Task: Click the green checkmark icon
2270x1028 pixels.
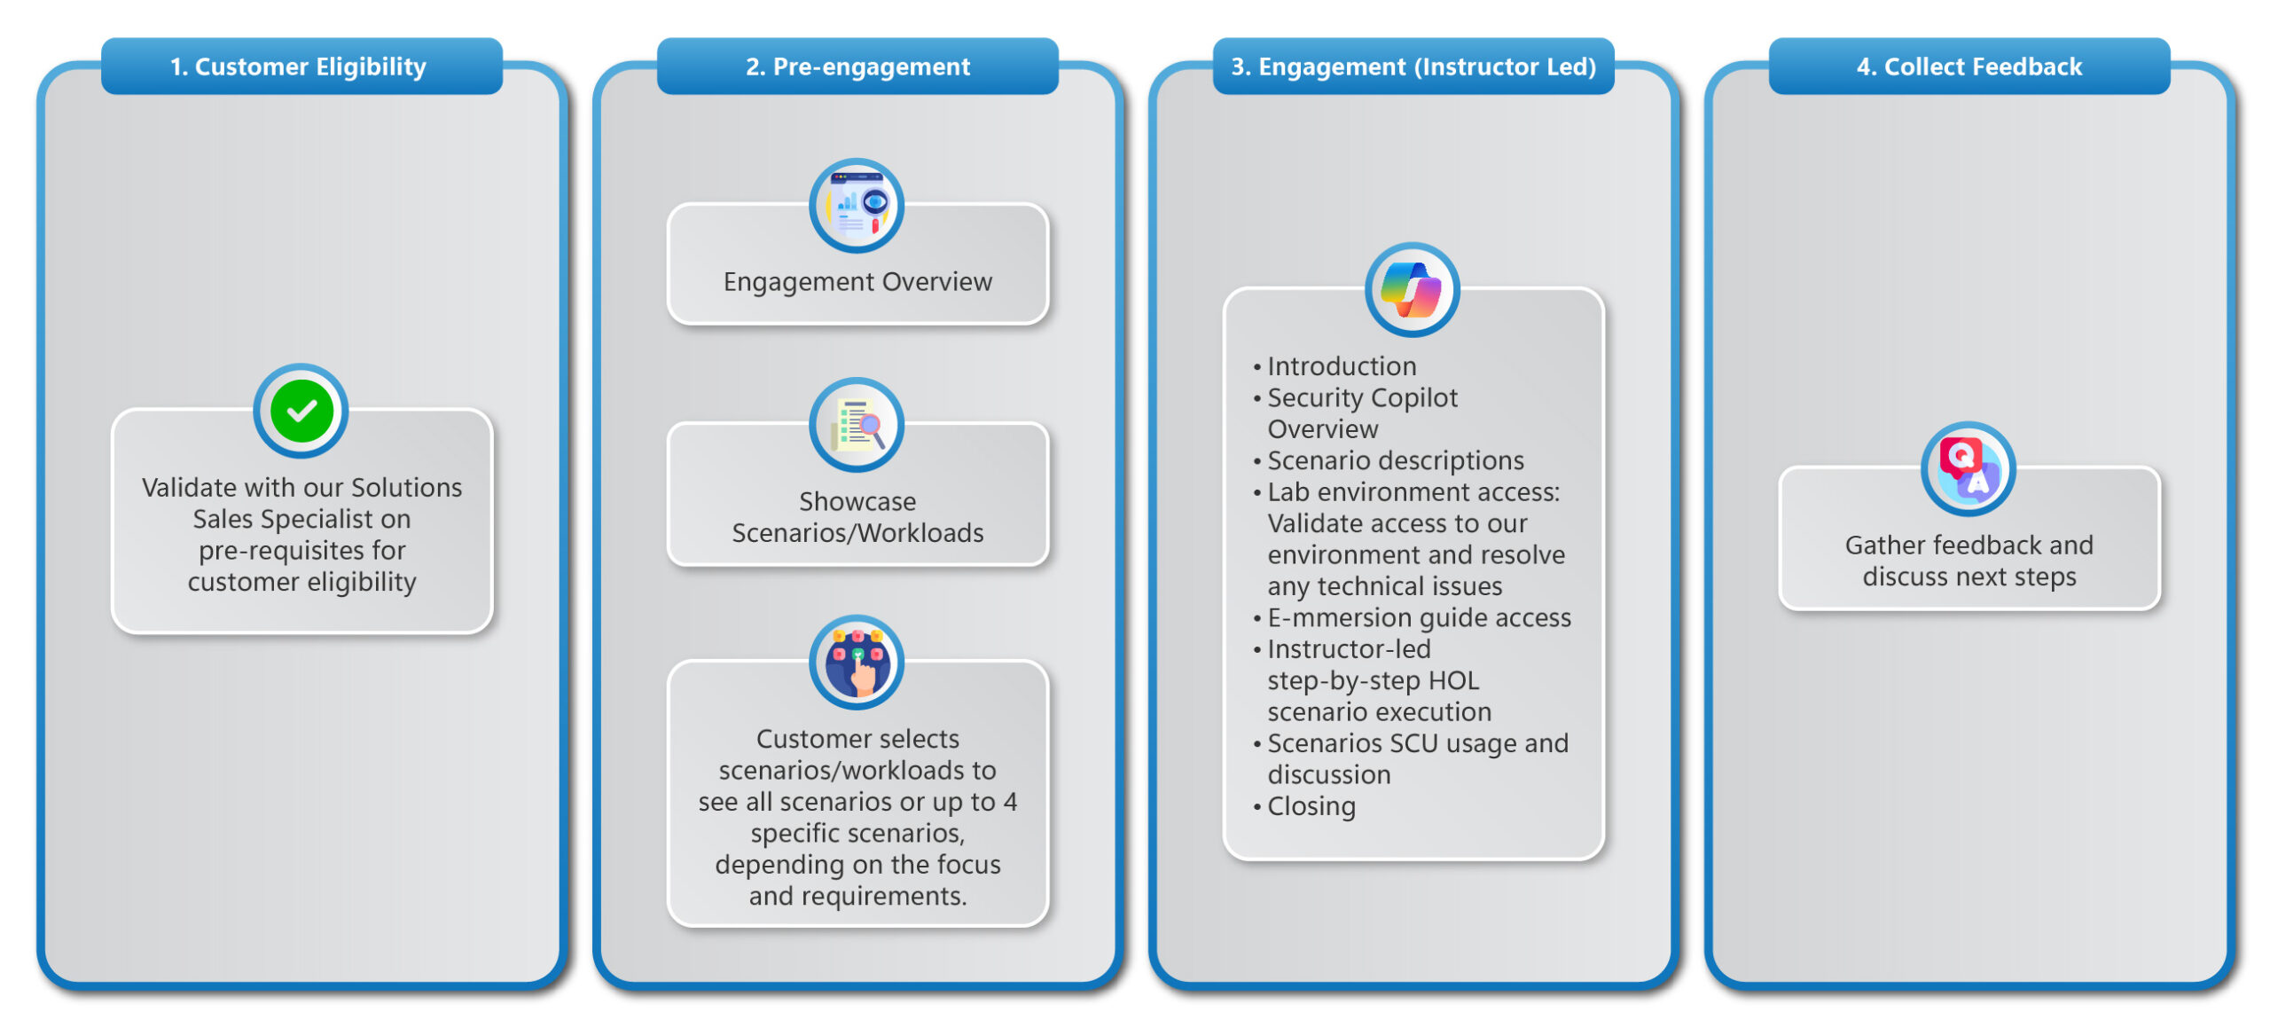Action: pyautogui.click(x=301, y=411)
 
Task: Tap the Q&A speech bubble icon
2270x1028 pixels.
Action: pyautogui.click(x=1968, y=469)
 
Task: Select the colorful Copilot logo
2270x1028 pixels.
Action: pyautogui.click(x=1413, y=290)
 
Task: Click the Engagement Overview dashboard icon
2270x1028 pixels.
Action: pyautogui.click(x=857, y=206)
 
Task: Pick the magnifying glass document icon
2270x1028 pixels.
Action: pyautogui.click(x=857, y=425)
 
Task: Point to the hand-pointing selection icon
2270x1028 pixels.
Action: pyautogui.click(x=857, y=662)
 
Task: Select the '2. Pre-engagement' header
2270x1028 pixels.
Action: pyautogui.click(x=857, y=67)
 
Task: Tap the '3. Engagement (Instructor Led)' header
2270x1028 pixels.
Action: pyautogui.click(x=1413, y=67)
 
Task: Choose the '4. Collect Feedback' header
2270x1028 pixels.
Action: pyautogui.click(x=1969, y=67)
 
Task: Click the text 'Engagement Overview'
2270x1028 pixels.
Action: pyautogui.click(x=857, y=282)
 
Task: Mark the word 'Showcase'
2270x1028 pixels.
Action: pyautogui.click(x=857, y=502)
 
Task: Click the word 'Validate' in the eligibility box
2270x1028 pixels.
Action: pyautogui.click(x=189, y=488)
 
